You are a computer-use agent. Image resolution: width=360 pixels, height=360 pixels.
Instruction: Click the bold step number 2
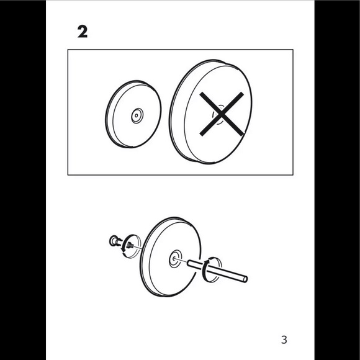pyautogui.click(x=83, y=32)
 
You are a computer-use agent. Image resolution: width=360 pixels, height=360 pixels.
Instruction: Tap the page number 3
pyautogui.click(x=284, y=340)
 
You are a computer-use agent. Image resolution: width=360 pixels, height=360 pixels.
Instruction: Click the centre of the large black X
pyautogui.click(x=222, y=114)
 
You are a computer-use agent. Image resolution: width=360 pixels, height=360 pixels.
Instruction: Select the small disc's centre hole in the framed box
pyautogui.click(x=137, y=115)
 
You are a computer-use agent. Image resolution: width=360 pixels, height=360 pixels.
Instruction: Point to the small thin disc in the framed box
pyautogui.click(x=133, y=114)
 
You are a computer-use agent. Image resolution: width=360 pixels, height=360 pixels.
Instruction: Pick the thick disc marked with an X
pyautogui.click(x=211, y=112)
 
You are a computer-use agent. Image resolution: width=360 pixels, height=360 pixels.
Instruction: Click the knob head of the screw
pyautogui.click(x=113, y=241)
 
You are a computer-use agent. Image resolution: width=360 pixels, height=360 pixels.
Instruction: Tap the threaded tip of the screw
pyautogui.click(x=130, y=246)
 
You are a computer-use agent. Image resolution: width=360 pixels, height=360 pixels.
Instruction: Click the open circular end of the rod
pyautogui.click(x=245, y=279)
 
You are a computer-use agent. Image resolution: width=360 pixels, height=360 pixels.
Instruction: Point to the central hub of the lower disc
pyautogui.click(x=176, y=259)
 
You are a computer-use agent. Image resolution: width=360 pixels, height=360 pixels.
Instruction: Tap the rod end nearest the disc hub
pyautogui.click(x=189, y=264)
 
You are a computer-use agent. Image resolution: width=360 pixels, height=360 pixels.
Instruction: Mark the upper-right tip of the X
pyautogui.click(x=242, y=94)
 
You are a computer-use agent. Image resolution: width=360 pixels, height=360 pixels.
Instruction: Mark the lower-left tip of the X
pyautogui.click(x=201, y=134)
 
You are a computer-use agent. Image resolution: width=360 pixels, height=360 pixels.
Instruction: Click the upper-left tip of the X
pyautogui.click(x=201, y=94)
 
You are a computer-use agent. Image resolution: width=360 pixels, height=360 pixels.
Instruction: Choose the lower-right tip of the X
pyautogui.click(x=242, y=134)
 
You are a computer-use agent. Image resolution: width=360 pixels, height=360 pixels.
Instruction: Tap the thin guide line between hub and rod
pyautogui.click(x=181, y=260)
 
